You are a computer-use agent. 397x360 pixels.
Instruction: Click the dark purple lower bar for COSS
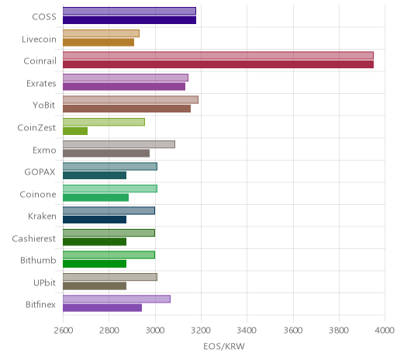129,20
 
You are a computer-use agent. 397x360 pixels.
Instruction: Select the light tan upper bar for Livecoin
101,33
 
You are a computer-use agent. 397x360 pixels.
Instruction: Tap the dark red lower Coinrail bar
218,64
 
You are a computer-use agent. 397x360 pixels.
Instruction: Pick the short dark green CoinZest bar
75,131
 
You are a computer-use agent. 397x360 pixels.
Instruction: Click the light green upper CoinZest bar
104,122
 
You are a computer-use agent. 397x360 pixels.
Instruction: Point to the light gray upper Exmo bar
119,144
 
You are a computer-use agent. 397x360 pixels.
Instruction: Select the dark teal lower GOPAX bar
95,175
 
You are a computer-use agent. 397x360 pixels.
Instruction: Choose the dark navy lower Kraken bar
95,220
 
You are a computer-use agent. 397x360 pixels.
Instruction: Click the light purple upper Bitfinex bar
116,299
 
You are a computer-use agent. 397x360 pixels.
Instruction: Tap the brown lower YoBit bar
126,109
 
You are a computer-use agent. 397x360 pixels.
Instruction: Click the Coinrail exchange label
40,61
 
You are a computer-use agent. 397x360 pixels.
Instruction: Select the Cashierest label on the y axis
34,238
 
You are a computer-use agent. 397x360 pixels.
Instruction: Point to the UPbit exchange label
44,282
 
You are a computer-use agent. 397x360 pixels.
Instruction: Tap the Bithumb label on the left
38,260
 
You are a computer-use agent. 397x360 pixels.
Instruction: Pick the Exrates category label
41,83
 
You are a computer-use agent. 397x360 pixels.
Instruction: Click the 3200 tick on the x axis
201,331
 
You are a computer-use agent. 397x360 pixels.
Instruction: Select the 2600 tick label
64,331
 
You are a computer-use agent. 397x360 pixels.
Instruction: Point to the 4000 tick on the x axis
385,331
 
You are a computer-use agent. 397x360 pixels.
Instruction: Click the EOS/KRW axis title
224,346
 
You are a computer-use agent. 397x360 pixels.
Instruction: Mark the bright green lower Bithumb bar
95,264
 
